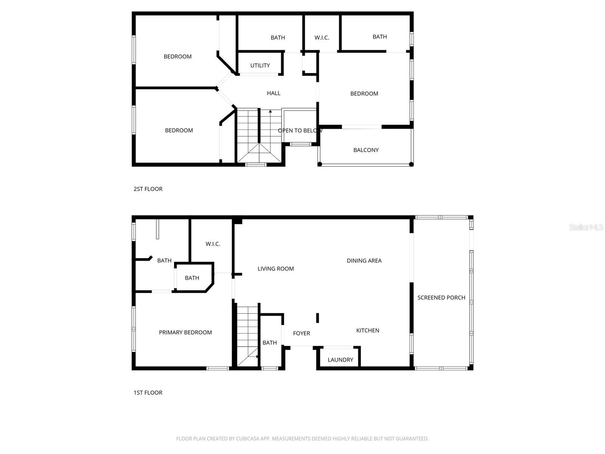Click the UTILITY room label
tap(260, 65)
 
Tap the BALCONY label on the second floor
tap(366, 150)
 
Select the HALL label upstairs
tap(273, 93)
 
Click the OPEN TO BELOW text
tap(300, 131)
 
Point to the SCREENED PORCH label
tap(441, 298)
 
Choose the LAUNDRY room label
tap(340, 360)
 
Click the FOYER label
tap(301, 333)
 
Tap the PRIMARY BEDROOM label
tap(185, 333)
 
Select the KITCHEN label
tap(368, 331)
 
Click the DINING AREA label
tap(364, 261)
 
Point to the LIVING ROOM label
tap(276, 269)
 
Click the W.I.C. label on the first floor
tap(213, 244)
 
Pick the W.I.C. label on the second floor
tap(322, 38)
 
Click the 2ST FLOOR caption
tap(148, 189)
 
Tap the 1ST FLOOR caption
tap(148, 393)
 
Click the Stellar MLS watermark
tap(586, 227)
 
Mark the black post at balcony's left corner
tap(320, 164)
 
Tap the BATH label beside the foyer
tap(270, 343)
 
